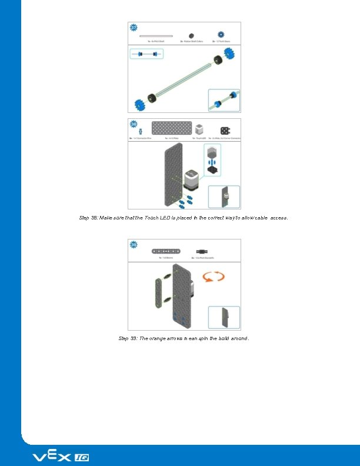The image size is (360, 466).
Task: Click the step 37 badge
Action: click(x=134, y=28)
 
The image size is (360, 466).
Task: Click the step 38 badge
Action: click(x=134, y=124)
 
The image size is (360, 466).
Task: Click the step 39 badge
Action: click(x=134, y=244)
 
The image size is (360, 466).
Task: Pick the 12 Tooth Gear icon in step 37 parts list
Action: click(x=222, y=35)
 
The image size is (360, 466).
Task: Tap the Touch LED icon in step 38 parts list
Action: click(x=200, y=129)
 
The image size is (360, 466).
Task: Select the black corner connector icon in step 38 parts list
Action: click(x=225, y=130)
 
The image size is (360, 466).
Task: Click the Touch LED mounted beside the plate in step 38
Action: click(x=192, y=179)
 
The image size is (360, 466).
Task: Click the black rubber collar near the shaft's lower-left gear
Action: click(x=152, y=98)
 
